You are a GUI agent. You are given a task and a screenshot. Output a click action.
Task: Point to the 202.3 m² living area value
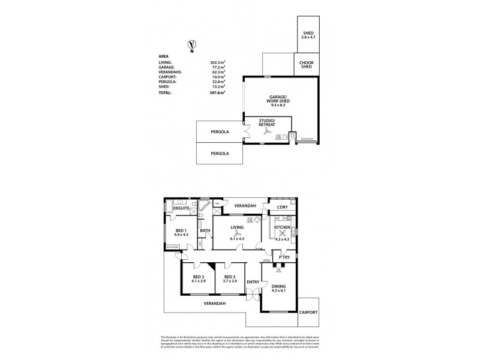tap(217, 62)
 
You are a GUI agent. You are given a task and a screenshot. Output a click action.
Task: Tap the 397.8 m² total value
tap(217, 93)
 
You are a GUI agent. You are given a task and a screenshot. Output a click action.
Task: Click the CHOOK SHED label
tap(307, 65)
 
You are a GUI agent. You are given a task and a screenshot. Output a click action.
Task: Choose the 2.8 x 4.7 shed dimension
tap(308, 38)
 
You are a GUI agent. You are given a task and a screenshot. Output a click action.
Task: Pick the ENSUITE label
tap(182, 208)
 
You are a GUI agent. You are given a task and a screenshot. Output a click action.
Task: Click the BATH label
tap(205, 230)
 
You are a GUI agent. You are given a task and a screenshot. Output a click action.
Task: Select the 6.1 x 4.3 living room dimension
tap(236, 239)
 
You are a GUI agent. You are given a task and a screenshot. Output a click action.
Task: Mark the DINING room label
tap(280, 286)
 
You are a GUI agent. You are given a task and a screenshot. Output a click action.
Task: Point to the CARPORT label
tap(309, 313)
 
